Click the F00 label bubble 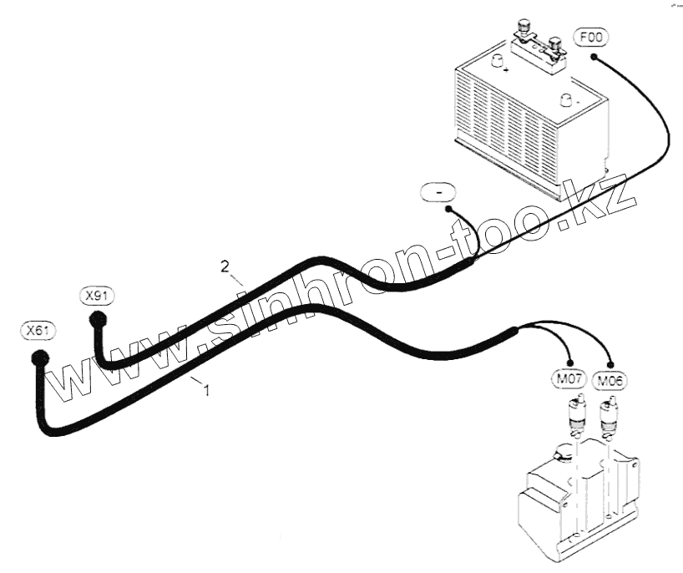click(591, 38)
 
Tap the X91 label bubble click(98, 296)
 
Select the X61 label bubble click(38, 331)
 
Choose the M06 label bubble click(610, 381)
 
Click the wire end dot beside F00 click(593, 57)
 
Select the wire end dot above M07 click(571, 365)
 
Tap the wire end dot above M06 click(612, 365)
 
